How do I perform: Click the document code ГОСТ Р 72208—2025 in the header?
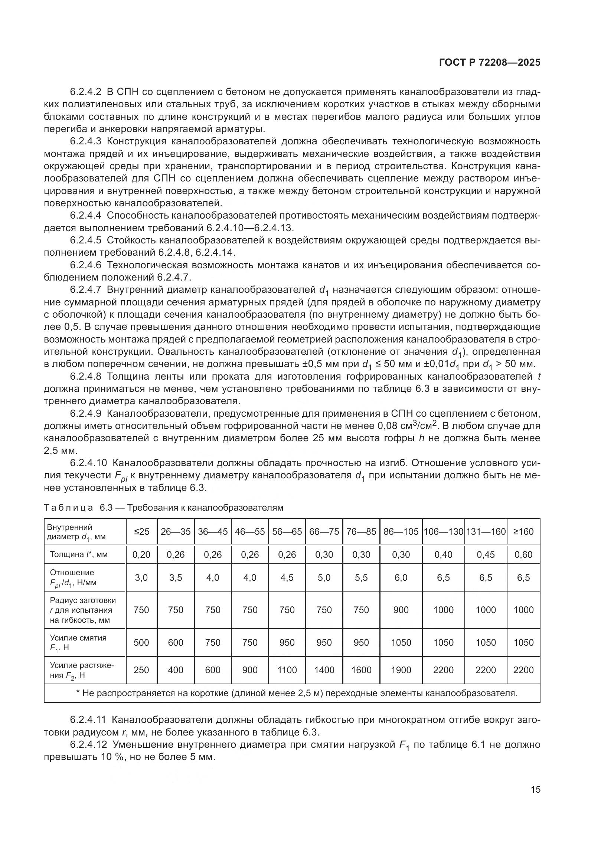pos(490,63)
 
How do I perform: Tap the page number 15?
pos(535,790)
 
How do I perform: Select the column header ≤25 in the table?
pos(141,531)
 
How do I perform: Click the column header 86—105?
pos(401,531)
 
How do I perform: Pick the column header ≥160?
pos(523,531)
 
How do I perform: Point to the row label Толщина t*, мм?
pos(79,554)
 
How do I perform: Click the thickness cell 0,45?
pos(486,554)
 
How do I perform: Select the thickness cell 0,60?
pos(523,554)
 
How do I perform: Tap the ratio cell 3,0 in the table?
pos(141,578)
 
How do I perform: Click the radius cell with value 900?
pos(401,610)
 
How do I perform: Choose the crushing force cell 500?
pos(141,642)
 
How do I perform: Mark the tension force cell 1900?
pos(401,670)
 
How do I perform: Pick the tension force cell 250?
pos(141,670)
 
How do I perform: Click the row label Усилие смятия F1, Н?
pos(78,642)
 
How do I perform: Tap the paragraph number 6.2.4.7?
pos(85,290)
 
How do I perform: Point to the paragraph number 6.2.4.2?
pos(85,92)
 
